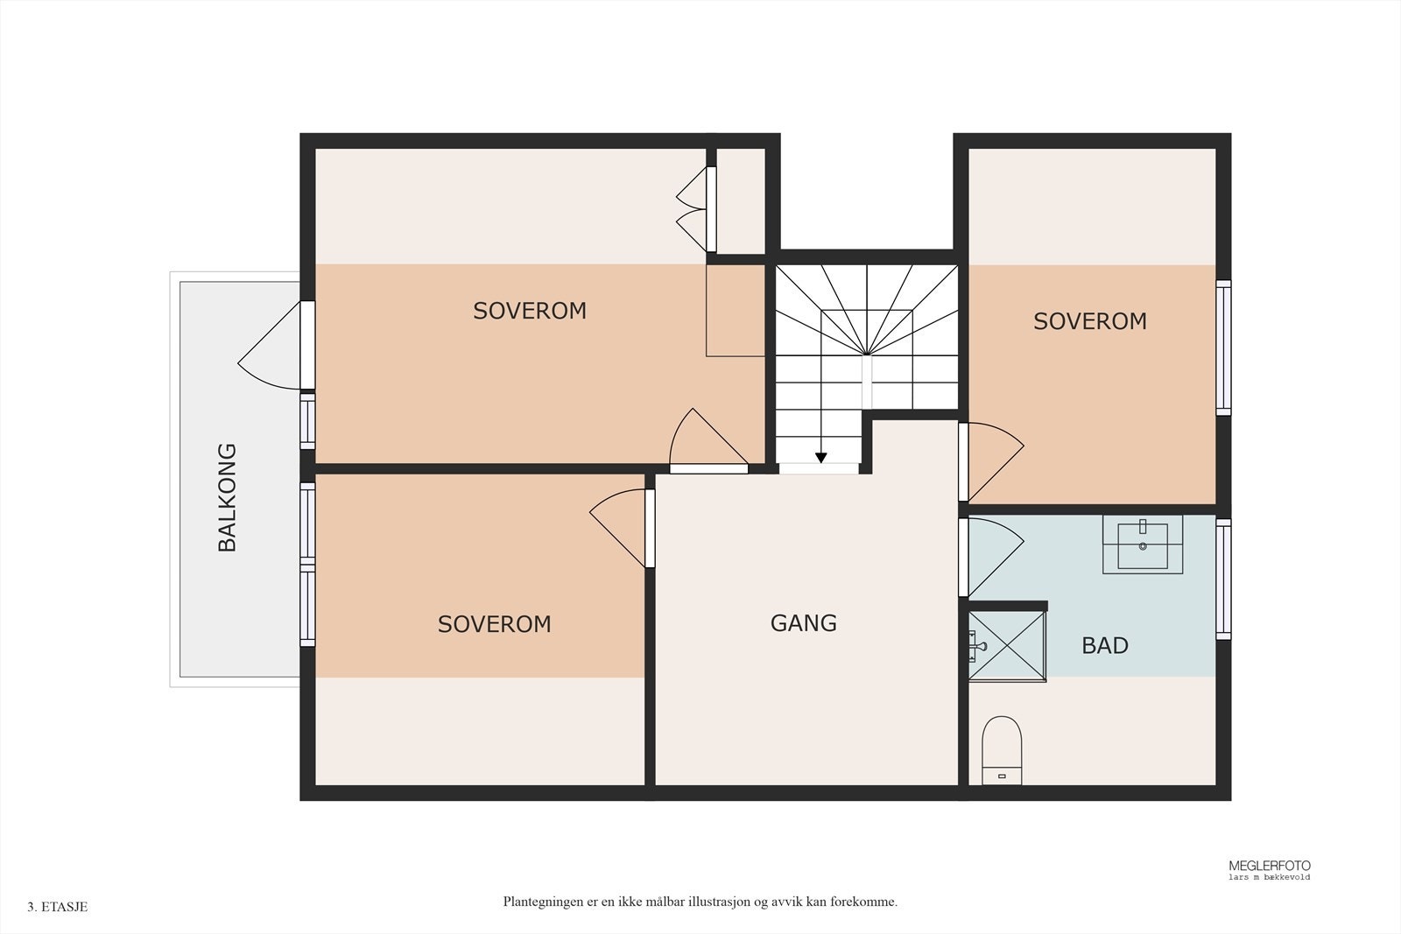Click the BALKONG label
227,497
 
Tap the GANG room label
803,623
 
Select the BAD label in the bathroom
1104,646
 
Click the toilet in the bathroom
1002,750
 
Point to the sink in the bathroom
1142,544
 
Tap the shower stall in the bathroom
1006,646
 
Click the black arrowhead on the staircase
820,458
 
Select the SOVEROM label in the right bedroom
1089,321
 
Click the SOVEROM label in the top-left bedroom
529,311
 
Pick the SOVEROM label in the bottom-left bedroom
494,624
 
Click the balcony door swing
271,346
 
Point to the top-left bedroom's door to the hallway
708,441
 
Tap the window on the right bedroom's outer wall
1223,348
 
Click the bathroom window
1223,579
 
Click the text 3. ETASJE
58,907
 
